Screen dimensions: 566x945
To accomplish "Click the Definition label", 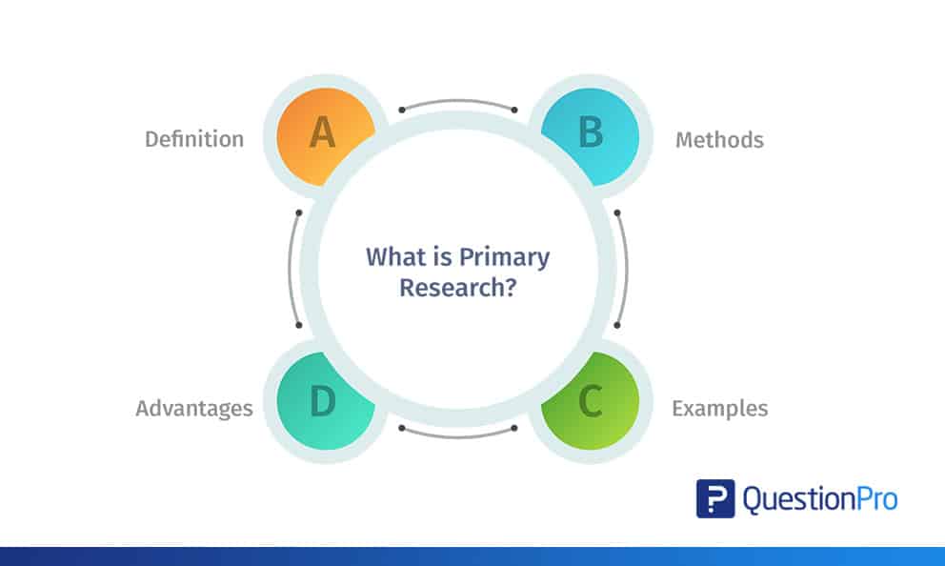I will [x=194, y=139].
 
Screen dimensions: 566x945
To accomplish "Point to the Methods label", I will [x=719, y=140].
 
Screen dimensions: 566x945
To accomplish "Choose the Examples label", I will [x=719, y=409].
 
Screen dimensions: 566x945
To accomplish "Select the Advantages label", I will [x=194, y=409].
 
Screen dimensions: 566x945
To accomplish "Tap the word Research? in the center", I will [x=458, y=287].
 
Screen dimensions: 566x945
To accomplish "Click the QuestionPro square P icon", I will [x=715, y=498].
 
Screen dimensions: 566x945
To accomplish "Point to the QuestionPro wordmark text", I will [x=820, y=499].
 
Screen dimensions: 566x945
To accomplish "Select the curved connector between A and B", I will [x=458, y=102].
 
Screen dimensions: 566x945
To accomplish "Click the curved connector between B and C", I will [x=625, y=268].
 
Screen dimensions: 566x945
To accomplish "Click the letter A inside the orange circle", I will [x=323, y=133].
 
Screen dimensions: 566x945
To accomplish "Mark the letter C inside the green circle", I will [x=591, y=402].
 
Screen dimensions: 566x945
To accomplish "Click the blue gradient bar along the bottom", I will [x=472, y=556].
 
